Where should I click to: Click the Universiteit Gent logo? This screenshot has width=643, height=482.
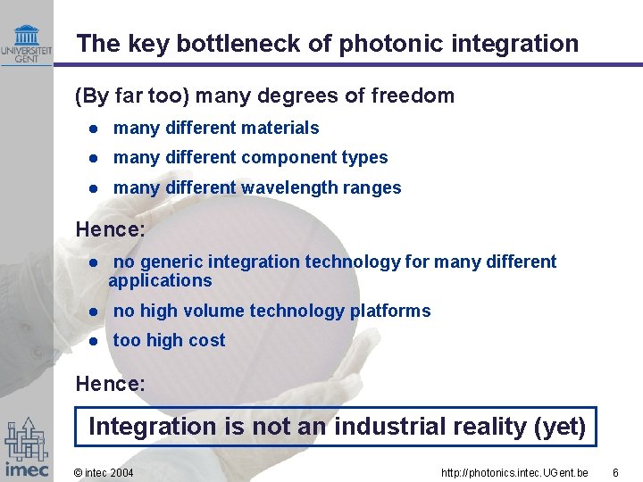[x=26, y=43]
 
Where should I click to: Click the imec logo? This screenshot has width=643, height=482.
[x=26, y=447]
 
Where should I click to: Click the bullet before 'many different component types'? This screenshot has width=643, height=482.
[x=93, y=158]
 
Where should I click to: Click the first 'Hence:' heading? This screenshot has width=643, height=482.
[x=110, y=229]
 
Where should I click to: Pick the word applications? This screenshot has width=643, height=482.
[x=160, y=280]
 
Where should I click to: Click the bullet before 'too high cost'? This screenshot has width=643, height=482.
[x=93, y=341]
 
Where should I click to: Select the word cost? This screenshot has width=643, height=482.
[x=207, y=340]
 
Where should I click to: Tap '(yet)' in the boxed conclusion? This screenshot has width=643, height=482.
[x=559, y=427]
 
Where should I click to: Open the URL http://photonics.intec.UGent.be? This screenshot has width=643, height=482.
[x=514, y=472]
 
